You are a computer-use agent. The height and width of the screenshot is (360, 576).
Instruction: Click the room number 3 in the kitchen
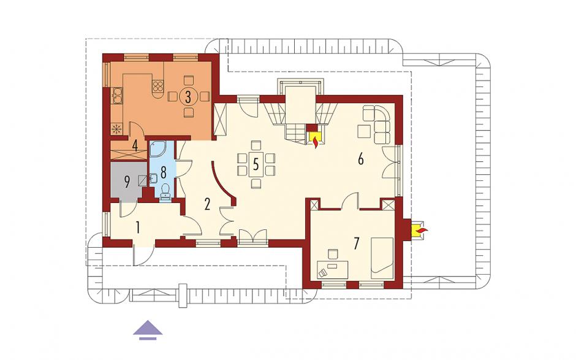[x=188, y=97]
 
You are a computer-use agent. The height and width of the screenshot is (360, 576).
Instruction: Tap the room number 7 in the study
[x=355, y=243]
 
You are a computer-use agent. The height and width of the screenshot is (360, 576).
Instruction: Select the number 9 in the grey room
[x=127, y=182]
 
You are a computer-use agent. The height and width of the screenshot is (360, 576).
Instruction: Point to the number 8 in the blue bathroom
[x=164, y=172]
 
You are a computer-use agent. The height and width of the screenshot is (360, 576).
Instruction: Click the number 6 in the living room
[x=360, y=159]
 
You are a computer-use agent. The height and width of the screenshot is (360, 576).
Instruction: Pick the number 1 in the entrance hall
[x=138, y=228]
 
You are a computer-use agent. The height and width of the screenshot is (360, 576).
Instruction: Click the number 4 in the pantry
[x=135, y=146]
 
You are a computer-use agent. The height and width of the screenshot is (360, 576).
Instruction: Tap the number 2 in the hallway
[x=207, y=204]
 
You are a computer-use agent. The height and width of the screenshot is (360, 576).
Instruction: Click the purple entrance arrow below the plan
[x=148, y=329]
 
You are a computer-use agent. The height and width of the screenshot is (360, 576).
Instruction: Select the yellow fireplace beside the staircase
[x=315, y=139]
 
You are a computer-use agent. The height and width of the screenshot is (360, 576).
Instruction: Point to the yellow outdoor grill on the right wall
[x=418, y=231]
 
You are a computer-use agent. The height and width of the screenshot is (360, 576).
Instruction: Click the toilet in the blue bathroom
[x=165, y=191]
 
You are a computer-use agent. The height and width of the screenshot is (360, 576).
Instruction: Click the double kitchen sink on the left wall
[x=117, y=95]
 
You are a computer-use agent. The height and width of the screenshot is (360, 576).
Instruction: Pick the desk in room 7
[x=331, y=269]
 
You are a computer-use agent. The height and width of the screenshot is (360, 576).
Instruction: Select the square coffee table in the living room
[x=364, y=131]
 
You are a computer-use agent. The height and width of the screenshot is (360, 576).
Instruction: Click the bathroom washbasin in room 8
[x=154, y=179]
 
